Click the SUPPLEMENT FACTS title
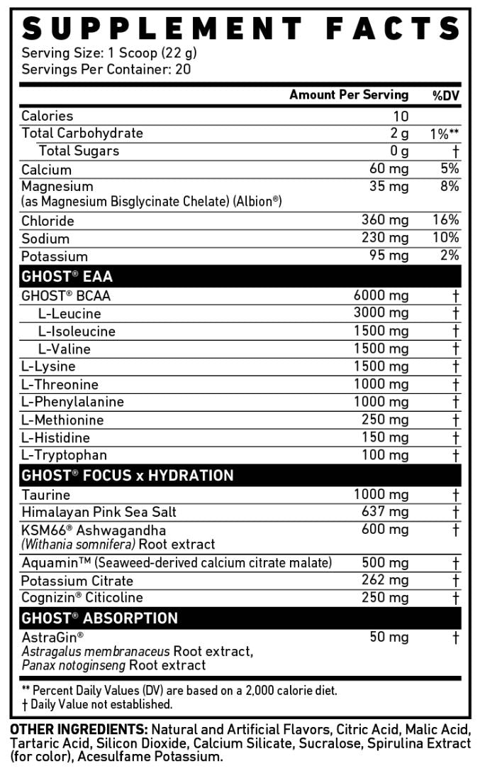point(240,28)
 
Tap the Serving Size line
point(109,53)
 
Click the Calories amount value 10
point(401,116)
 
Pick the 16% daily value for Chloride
point(446,220)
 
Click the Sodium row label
point(45,239)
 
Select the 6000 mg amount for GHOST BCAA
point(381,295)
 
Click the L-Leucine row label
point(69,314)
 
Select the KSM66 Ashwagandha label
point(94,530)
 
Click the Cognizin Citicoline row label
point(82,598)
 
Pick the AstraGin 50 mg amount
point(389,637)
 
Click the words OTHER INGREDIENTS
point(78,730)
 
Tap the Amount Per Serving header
point(349,95)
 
